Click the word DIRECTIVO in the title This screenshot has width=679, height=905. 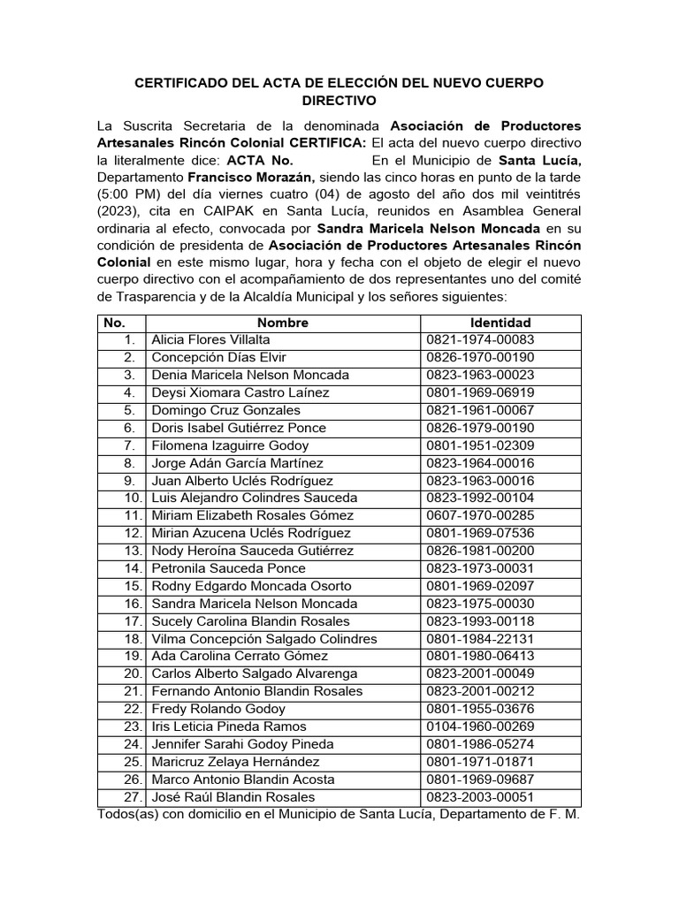[339, 102]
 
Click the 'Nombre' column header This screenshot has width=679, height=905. [283, 323]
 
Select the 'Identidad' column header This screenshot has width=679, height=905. [500, 323]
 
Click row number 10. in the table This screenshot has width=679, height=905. [129, 498]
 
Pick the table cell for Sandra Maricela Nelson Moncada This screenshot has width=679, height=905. [255, 604]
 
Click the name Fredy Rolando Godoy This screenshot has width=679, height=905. [218, 709]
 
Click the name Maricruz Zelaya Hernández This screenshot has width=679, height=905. [233, 762]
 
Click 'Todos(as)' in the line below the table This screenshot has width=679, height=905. [128, 813]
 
